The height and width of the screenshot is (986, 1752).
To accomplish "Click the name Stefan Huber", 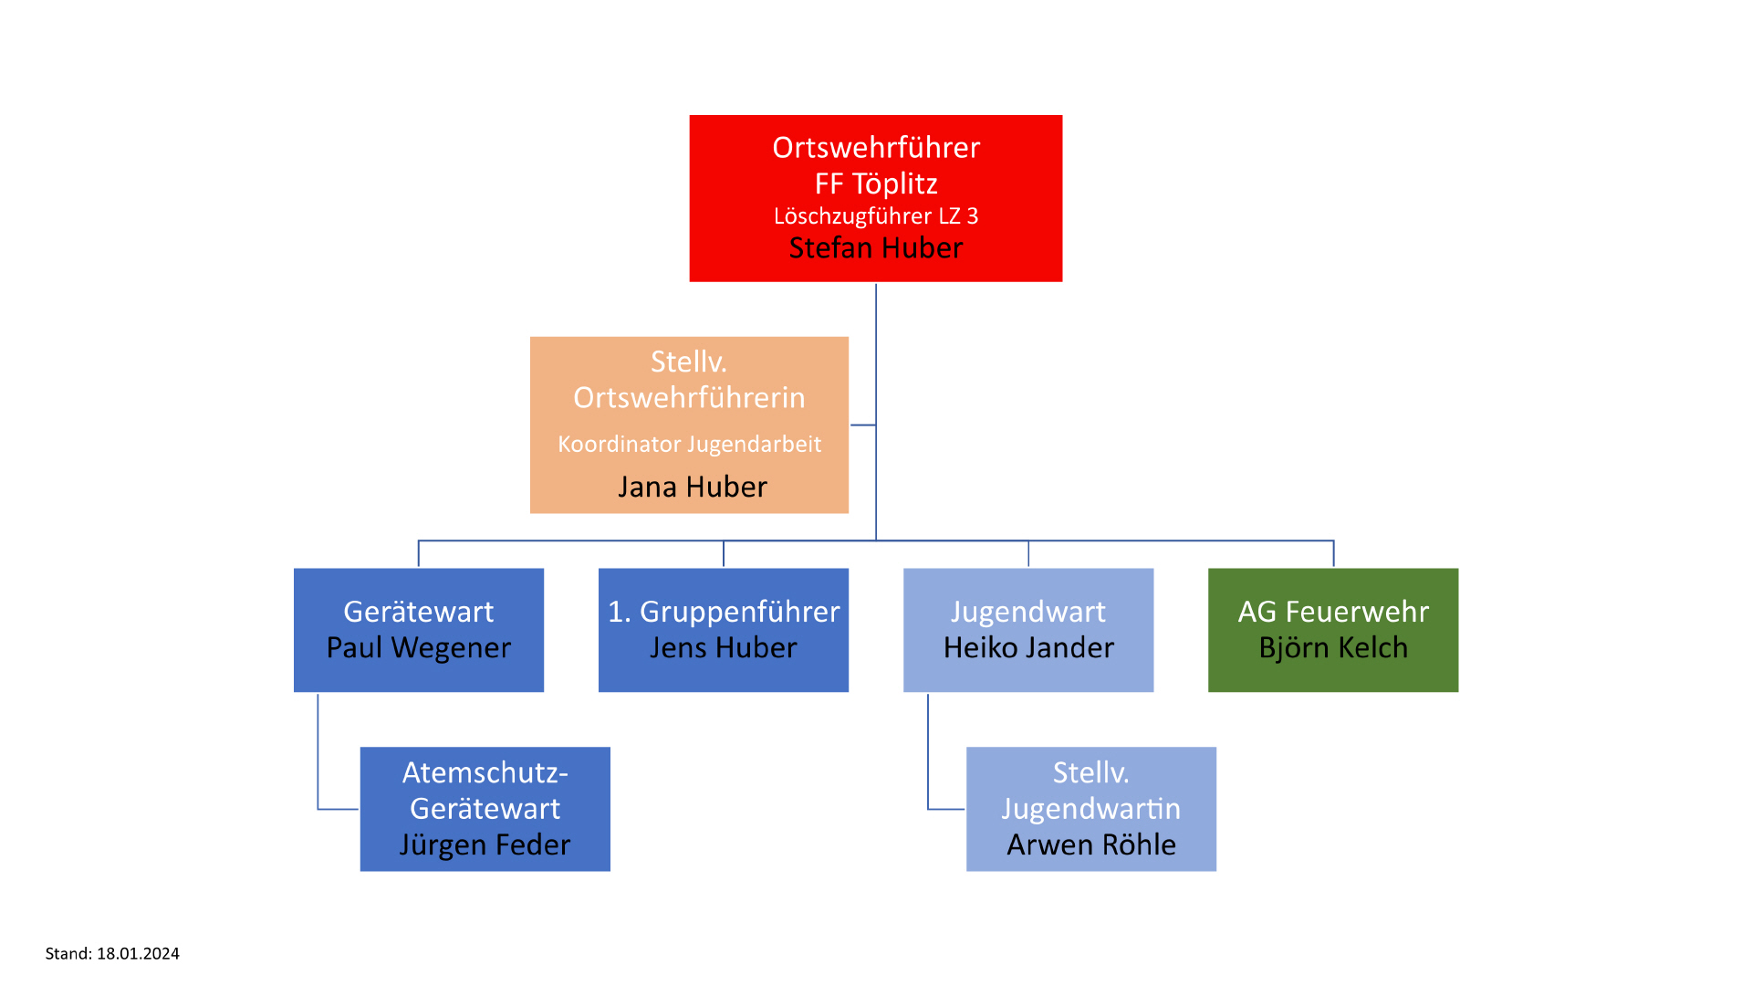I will click(x=875, y=248).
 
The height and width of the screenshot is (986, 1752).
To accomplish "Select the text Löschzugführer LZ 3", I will click(x=875, y=216).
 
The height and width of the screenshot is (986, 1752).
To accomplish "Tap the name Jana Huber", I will click(x=692, y=487).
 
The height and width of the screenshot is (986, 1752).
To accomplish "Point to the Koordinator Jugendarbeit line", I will click(x=689, y=445).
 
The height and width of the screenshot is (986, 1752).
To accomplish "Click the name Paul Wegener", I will click(x=418, y=648).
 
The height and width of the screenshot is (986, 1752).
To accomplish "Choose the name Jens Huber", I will click(x=723, y=648).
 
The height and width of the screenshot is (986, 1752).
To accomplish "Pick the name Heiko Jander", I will click(x=1028, y=648).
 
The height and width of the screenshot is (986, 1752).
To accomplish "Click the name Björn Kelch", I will click(x=1332, y=648).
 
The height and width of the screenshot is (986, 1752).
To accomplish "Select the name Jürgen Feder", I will click(x=485, y=845).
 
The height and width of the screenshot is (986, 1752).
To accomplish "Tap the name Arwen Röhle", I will click(x=1090, y=845).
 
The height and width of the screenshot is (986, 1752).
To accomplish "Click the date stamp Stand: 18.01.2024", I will click(x=112, y=954).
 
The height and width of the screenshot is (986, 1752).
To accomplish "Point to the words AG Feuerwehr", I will click(x=1332, y=612).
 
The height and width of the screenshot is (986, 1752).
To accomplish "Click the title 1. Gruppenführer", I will click(x=723, y=612).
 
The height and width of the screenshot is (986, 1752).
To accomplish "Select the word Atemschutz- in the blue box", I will click(x=485, y=773).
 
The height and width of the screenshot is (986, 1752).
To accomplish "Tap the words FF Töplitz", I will click(x=875, y=184).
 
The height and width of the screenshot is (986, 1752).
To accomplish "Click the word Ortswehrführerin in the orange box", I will click(x=689, y=398).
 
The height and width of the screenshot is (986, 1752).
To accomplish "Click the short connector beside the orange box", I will click(x=862, y=425).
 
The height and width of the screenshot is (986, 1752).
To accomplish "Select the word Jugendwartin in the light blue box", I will click(x=1090, y=809).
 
